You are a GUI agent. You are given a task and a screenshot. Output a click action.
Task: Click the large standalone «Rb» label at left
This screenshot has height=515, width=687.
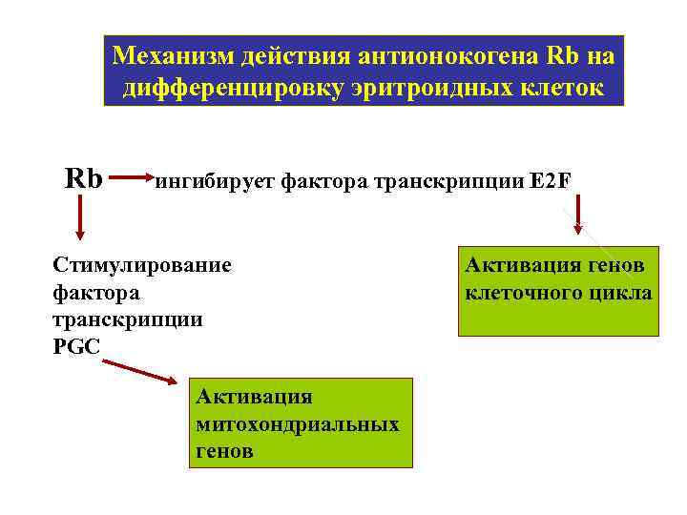[x=84, y=177]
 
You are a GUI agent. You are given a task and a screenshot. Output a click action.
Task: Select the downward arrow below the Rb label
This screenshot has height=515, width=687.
[x=79, y=217]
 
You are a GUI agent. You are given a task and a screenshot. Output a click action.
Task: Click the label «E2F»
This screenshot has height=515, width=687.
[x=551, y=180]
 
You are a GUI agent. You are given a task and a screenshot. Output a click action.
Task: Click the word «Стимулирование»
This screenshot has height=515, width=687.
[x=142, y=264]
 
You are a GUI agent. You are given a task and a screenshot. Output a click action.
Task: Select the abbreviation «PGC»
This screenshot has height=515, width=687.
[x=76, y=346]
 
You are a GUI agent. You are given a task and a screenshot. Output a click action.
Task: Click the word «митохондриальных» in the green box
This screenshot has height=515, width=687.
[x=297, y=423]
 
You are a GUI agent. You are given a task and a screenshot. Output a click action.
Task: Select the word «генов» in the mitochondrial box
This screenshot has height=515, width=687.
[x=224, y=450]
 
